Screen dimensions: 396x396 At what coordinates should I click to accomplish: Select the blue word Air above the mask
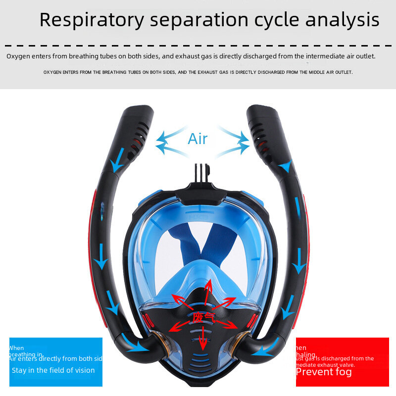point(198,139)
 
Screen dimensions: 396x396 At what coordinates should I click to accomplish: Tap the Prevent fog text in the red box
point(324,372)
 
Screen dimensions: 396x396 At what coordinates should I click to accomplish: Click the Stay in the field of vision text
point(53,370)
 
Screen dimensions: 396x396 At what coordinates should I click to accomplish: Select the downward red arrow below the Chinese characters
point(202,339)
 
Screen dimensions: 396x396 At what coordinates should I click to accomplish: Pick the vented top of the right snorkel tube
point(262,124)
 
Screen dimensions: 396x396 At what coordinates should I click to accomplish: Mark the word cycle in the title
point(276,20)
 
